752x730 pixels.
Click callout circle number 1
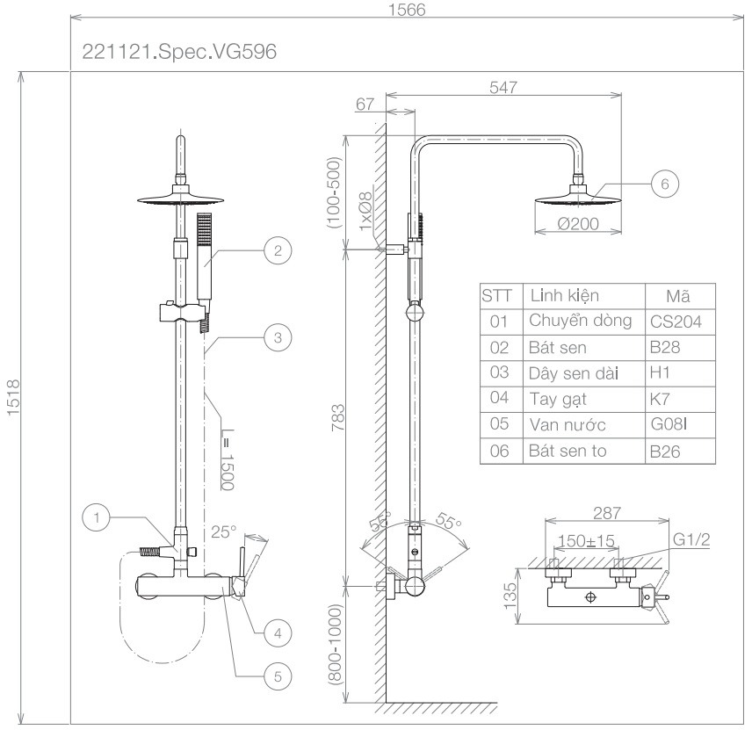97,517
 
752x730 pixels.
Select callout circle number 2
278,250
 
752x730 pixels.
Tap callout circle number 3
278,337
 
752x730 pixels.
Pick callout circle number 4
278,633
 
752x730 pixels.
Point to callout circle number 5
278,676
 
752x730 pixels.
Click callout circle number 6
665,184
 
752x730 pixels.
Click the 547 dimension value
503,87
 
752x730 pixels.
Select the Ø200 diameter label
578,224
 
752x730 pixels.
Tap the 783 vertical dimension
338,417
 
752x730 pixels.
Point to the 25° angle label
224,531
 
